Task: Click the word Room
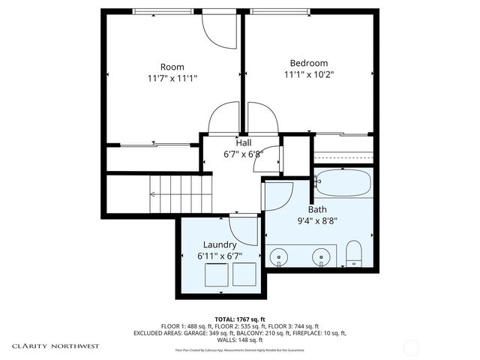pos(172,67)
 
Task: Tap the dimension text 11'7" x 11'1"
pos(172,78)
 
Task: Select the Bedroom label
pos(309,63)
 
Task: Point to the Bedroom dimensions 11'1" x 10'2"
pos(309,74)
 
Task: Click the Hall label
pos(244,142)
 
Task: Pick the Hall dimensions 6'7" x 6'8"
pos(244,154)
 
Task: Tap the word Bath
pos(317,210)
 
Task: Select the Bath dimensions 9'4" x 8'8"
pos(317,222)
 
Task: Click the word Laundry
pos(220,244)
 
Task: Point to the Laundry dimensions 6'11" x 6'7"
pos(220,256)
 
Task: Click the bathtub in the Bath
pos(343,181)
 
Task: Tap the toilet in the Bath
pos(353,256)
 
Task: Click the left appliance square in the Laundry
pos(215,274)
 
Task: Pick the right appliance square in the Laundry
pos(244,274)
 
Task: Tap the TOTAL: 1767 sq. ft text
pos(240,319)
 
